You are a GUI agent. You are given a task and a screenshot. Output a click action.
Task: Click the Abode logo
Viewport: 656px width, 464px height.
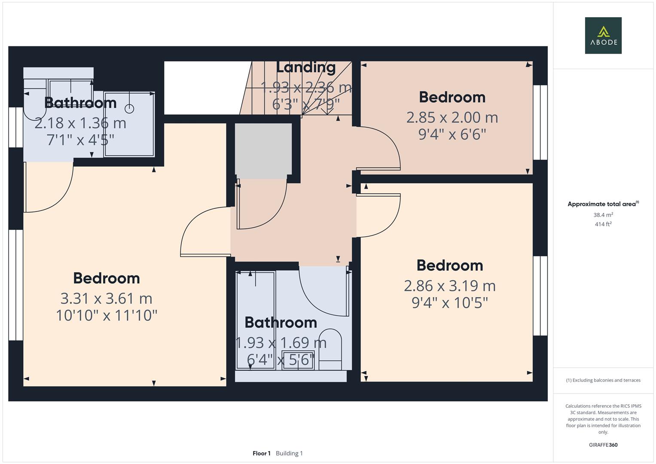pyautogui.click(x=603, y=35)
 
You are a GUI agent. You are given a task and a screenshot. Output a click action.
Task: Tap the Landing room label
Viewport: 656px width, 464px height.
pyautogui.click(x=306, y=68)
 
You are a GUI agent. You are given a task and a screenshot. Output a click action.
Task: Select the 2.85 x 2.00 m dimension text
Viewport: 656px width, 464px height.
pyautogui.click(x=452, y=117)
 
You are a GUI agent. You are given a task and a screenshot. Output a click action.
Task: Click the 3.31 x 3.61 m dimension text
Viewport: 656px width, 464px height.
pyautogui.click(x=106, y=299)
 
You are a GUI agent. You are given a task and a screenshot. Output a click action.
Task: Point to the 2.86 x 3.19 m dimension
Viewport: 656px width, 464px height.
pyautogui.click(x=449, y=286)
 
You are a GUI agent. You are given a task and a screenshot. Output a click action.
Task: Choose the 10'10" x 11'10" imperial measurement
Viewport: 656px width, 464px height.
pyautogui.click(x=106, y=315)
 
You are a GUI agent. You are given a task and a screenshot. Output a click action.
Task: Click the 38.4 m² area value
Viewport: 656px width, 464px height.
pyautogui.click(x=603, y=215)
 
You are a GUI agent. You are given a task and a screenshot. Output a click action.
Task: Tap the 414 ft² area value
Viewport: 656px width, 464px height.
pyautogui.click(x=603, y=224)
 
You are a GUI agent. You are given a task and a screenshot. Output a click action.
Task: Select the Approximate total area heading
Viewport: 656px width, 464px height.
pyautogui.click(x=603, y=204)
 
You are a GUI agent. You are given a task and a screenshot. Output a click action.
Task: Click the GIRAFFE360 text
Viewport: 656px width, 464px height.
pyautogui.click(x=603, y=445)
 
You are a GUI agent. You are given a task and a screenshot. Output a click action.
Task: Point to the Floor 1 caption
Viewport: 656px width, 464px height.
pyautogui.click(x=262, y=453)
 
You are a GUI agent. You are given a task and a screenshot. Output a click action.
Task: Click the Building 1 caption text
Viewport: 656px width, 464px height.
pyautogui.click(x=289, y=453)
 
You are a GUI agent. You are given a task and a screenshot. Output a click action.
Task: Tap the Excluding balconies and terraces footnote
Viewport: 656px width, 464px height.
pyautogui.click(x=603, y=380)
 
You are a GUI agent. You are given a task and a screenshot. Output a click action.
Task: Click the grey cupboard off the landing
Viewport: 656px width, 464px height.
pyautogui.click(x=263, y=151)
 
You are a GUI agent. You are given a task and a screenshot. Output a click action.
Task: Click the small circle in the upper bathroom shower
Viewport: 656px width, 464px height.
pyautogui.click(x=129, y=109)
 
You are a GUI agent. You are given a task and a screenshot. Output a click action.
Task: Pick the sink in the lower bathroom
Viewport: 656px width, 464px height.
pyautogui.click(x=298, y=360)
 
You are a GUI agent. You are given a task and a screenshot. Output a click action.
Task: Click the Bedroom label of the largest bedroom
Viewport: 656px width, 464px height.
pyautogui.click(x=106, y=278)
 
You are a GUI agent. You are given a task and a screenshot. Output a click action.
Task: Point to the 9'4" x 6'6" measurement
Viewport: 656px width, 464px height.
pyautogui.click(x=452, y=134)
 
